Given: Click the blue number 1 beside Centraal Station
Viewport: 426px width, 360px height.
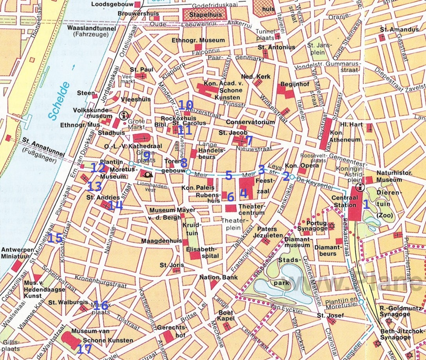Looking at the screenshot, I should (x=366, y=204).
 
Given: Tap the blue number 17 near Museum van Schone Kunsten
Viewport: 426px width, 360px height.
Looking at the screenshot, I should (x=84, y=349).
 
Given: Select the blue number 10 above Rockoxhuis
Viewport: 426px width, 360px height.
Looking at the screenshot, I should (x=186, y=105).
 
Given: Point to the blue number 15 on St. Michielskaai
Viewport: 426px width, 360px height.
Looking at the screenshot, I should (x=54, y=238).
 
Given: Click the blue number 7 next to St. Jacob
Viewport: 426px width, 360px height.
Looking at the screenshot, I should (x=249, y=140).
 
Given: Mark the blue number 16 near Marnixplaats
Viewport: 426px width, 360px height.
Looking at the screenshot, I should (x=100, y=305).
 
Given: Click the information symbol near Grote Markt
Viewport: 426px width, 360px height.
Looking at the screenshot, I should (x=124, y=115).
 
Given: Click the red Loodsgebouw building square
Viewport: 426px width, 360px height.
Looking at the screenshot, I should (x=137, y=5).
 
